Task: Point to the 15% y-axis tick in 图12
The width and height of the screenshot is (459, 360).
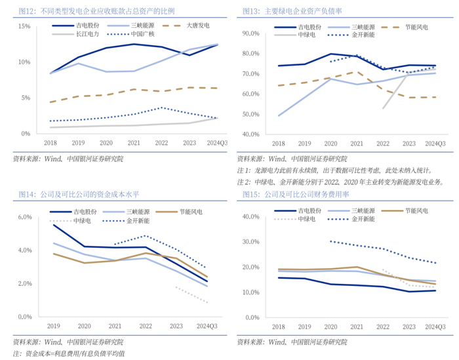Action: [x=25, y=26]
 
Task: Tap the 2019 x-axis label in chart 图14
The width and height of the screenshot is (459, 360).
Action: [x=53, y=326]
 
